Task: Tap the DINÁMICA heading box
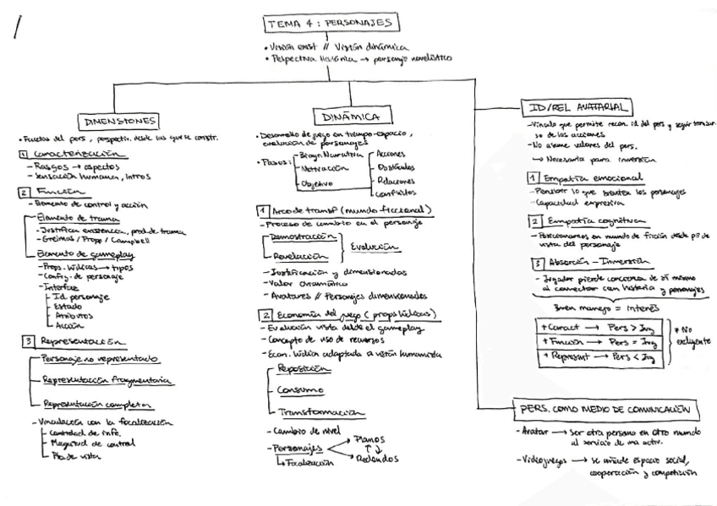[x=351, y=116]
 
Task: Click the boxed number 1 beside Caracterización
[x=23, y=154]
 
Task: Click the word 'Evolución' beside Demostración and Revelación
[x=375, y=248]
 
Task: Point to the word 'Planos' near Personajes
[x=373, y=439]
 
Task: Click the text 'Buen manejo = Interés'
[x=593, y=308]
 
